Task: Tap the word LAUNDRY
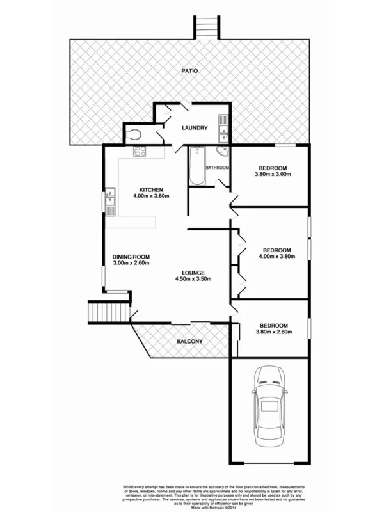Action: (195, 128)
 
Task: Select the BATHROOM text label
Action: (217, 168)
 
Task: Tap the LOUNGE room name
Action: (193, 273)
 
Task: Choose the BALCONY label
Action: (189, 342)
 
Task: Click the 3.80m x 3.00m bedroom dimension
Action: (271, 174)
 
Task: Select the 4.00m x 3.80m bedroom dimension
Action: (276, 257)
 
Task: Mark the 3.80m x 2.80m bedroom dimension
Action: (273, 332)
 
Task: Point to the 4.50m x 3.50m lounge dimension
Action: (193, 280)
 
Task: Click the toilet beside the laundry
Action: (134, 135)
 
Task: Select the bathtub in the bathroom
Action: (196, 165)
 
